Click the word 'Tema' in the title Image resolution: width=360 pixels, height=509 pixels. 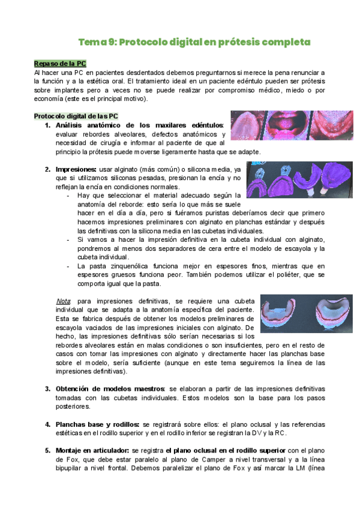point(92,43)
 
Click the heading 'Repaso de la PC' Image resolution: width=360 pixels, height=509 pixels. point(60,63)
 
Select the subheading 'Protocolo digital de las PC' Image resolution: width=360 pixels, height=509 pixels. point(76,116)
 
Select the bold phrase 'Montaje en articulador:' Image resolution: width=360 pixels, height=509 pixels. point(92,450)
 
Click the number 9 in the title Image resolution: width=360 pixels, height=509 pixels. point(112,43)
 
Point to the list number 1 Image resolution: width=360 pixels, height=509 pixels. point(47,125)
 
